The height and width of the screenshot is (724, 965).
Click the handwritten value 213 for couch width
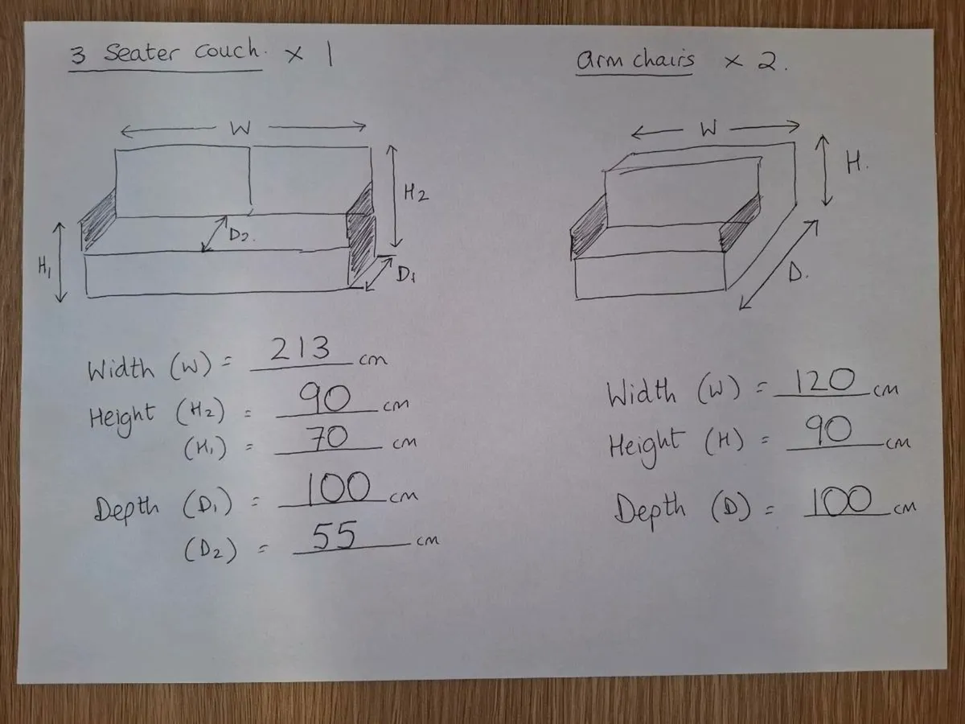point(300,348)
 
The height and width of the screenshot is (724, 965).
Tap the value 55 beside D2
point(334,536)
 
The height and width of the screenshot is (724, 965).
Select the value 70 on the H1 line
point(328,438)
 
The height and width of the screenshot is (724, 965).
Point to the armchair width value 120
point(826,381)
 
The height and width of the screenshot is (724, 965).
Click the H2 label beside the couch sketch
point(416,193)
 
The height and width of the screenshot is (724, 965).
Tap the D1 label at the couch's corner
point(406,274)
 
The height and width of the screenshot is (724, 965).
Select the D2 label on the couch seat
point(240,235)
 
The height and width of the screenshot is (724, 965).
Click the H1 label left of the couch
point(45,266)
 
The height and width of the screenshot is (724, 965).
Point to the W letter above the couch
point(240,128)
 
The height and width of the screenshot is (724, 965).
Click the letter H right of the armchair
point(854,163)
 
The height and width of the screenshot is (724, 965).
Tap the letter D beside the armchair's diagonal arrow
point(796,274)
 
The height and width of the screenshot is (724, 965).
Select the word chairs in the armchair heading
point(663,60)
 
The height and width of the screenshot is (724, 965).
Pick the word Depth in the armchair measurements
point(651,509)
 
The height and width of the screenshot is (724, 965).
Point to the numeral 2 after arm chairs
point(768,62)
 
